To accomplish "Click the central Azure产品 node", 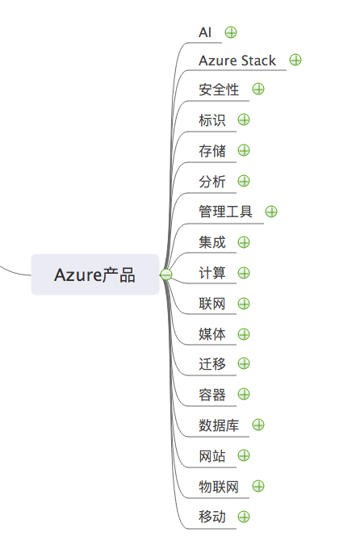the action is (x=95, y=274).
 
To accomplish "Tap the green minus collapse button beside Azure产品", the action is (x=166, y=274).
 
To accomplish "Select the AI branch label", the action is (x=205, y=32).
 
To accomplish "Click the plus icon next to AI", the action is (x=231, y=32).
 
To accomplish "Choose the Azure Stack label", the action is (x=237, y=61).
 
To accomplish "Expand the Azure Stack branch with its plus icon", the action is (x=295, y=60).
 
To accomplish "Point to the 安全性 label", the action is (x=219, y=90).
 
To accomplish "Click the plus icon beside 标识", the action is (x=244, y=119).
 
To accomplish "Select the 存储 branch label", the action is (x=212, y=150).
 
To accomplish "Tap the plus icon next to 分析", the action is (x=244, y=181).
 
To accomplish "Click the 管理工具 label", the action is (x=225, y=212).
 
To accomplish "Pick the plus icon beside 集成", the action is (x=244, y=242).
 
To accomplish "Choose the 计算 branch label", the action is (x=212, y=273).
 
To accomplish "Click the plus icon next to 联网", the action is (x=244, y=304).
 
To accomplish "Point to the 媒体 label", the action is (x=212, y=334).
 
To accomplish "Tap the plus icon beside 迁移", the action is (x=244, y=363).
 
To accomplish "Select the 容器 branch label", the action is (x=212, y=395).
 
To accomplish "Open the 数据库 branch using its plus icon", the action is (x=258, y=425).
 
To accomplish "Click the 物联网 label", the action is (x=219, y=487).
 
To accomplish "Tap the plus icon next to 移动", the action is (x=244, y=517).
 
